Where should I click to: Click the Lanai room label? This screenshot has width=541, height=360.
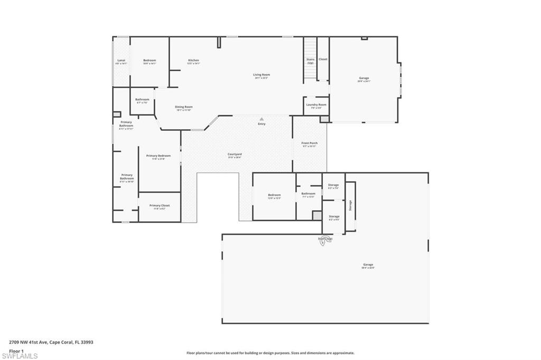click(121, 61)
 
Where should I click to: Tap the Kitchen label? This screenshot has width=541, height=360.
click(193, 61)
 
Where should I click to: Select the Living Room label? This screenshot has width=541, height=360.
click(262, 75)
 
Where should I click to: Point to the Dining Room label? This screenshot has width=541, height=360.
click(184, 107)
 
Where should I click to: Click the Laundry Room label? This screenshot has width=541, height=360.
click(316, 105)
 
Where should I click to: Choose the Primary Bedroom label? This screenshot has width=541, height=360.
click(158, 156)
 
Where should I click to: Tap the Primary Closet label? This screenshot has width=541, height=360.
click(159, 206)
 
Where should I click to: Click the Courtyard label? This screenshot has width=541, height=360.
click(235, 154)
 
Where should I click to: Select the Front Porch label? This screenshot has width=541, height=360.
click(310, 143)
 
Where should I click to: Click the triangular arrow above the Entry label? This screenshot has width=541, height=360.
click(262, 119)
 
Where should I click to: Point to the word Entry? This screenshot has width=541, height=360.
click(262, 124)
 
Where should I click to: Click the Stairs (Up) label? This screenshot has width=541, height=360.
click(310, 61)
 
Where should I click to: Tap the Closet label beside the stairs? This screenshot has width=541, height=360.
click(323, 59)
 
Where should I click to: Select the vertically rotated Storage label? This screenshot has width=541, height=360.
click(350, 205)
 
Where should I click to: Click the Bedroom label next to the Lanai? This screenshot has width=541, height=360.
click(150, 61)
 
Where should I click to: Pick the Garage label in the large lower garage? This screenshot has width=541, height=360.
click(368, 265)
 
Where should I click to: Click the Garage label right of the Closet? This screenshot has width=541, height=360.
click(364, 78)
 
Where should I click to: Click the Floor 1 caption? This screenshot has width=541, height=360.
click(16, 350)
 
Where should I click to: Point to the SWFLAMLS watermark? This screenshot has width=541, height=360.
click(20, 356)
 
